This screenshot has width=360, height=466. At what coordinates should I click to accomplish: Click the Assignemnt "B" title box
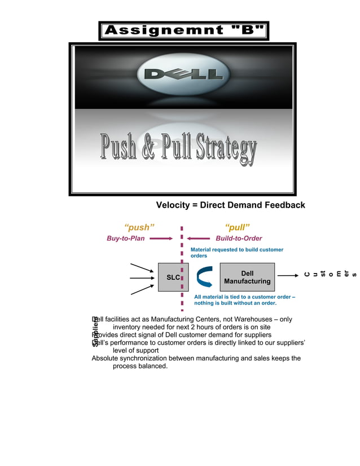click(x=183, y=30)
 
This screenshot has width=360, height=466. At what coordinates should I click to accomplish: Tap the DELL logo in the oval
click(x=183, y=74)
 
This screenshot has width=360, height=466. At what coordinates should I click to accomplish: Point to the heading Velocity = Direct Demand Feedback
click(x=230, y=205)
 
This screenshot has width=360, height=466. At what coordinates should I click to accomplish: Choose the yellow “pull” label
click(x=238, y=227)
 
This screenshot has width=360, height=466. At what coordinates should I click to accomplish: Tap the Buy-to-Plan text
click(x=126, y=239)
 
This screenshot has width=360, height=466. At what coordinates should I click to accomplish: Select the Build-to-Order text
click(x=239, y=239)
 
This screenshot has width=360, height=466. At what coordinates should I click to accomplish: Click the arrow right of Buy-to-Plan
click(x=161, y=239)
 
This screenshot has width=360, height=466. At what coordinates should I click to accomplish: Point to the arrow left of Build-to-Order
click(x=198, y=239)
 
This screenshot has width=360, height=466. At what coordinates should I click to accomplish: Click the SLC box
click(x=173, y=277)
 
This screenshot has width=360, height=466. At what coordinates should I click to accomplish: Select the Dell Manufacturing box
click(x=247, y=277)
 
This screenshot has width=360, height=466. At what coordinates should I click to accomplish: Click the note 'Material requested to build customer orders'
click(x=237, y=252)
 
